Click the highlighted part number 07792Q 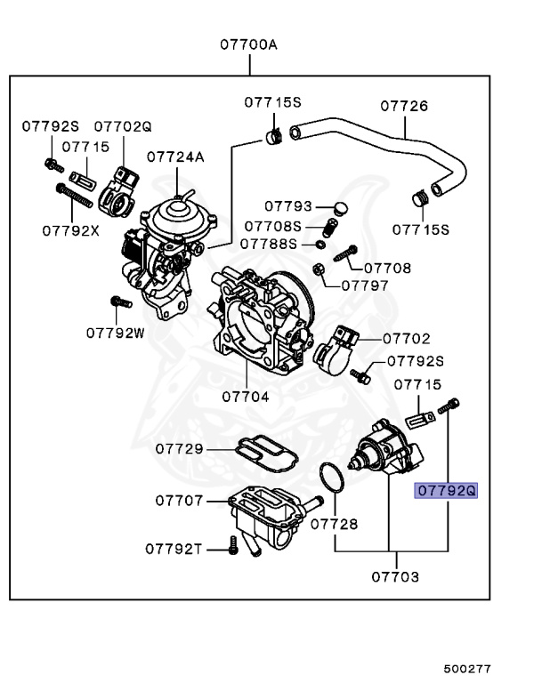click(x=447, y=490)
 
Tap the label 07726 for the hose click(x=404, y=106)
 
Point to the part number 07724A click(x=175, y=157)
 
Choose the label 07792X click(x=69, y=230)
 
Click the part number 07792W click(x=115, y=333)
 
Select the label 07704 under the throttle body click(x=245, y=397)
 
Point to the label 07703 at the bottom click(x=395, y=576)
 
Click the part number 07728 click(x=334, y=524)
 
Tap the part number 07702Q click(x=123, y=127)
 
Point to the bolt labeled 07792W click(x=115, y=305)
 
